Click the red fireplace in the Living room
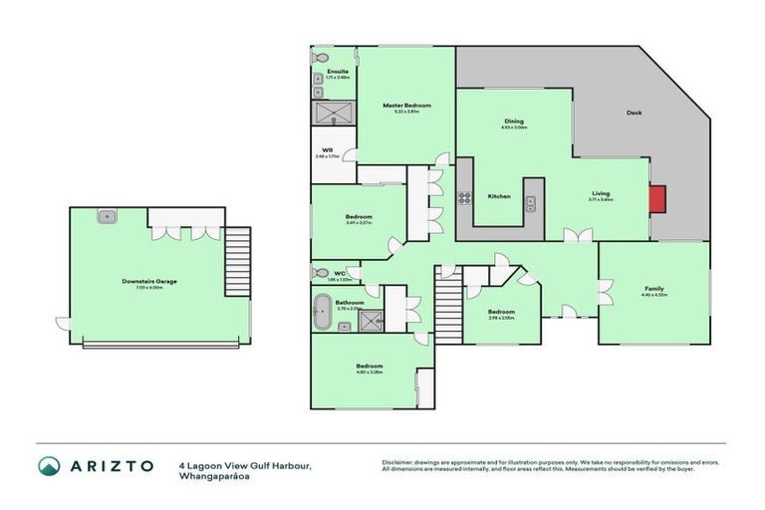click(657, 199)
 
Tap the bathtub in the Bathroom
click(324, 317)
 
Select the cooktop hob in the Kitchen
click(462, 196)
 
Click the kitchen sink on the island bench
click(532, 204)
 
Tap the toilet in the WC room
click(321, 271)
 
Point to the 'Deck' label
click(634, 113)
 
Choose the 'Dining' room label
click(513, 122)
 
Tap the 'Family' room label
click(653, 289)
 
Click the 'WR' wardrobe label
click(327, 150)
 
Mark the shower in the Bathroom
click(371, 319)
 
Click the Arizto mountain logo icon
click(49, 466)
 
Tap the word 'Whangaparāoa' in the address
click(212, 475)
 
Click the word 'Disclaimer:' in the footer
click(400, 463)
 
